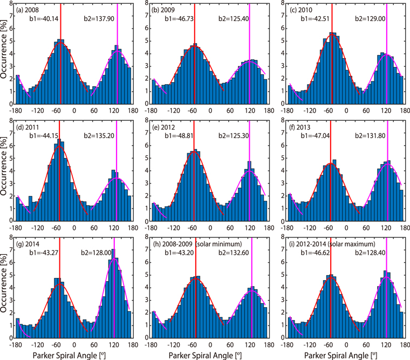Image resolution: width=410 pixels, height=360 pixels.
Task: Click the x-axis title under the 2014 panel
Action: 73,354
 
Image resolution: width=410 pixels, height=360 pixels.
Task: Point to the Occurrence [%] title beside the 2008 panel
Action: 5,55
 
